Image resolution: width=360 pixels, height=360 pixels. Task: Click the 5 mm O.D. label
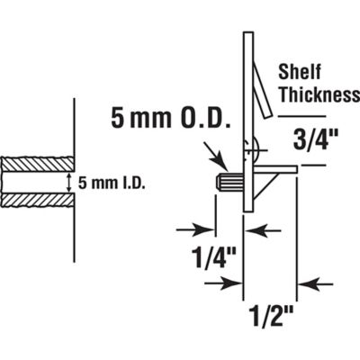pyautogui.click(x=171, y=118)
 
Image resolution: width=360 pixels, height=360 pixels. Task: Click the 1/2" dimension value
pyautogui.click(x=266, y=318)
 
